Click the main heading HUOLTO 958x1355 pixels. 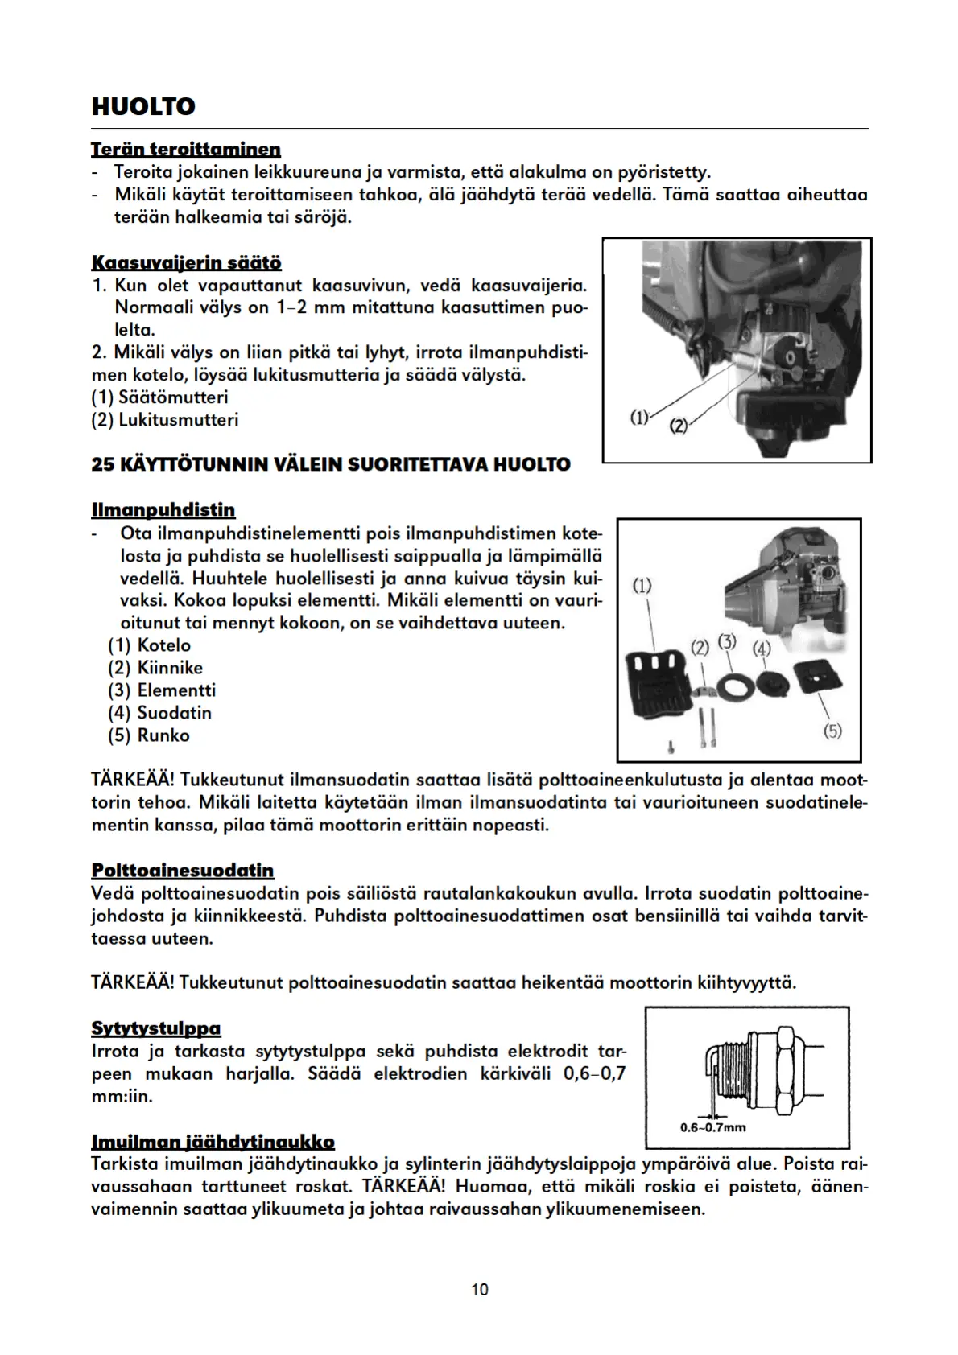143,107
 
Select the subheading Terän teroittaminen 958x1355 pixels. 186,150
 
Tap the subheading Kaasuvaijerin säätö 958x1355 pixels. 186,263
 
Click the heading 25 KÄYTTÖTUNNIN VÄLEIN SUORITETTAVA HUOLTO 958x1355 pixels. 331,464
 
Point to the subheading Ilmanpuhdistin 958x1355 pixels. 163,510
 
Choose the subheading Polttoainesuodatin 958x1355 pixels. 183,871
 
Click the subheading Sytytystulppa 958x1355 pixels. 156,1028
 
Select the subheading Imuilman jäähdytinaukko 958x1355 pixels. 213,1142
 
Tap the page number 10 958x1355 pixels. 479,1290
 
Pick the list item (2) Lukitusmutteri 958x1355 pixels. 165,420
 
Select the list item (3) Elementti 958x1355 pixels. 162,690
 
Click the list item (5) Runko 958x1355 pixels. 149,735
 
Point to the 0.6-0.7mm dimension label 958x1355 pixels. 712,1127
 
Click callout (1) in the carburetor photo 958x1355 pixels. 638,417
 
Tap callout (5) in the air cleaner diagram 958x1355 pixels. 832,731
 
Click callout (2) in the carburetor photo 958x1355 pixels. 678,426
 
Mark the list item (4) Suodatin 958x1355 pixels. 159,713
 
